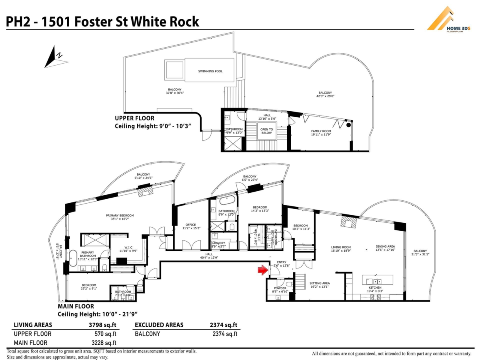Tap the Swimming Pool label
coord(210,71)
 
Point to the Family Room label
coord(321,133)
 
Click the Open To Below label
coord(266,131)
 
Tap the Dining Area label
coord(385,248)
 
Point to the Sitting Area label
coord(320,284)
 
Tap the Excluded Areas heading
coord(159,325)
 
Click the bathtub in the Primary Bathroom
coord(73,258)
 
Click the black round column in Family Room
coord(348,125)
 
